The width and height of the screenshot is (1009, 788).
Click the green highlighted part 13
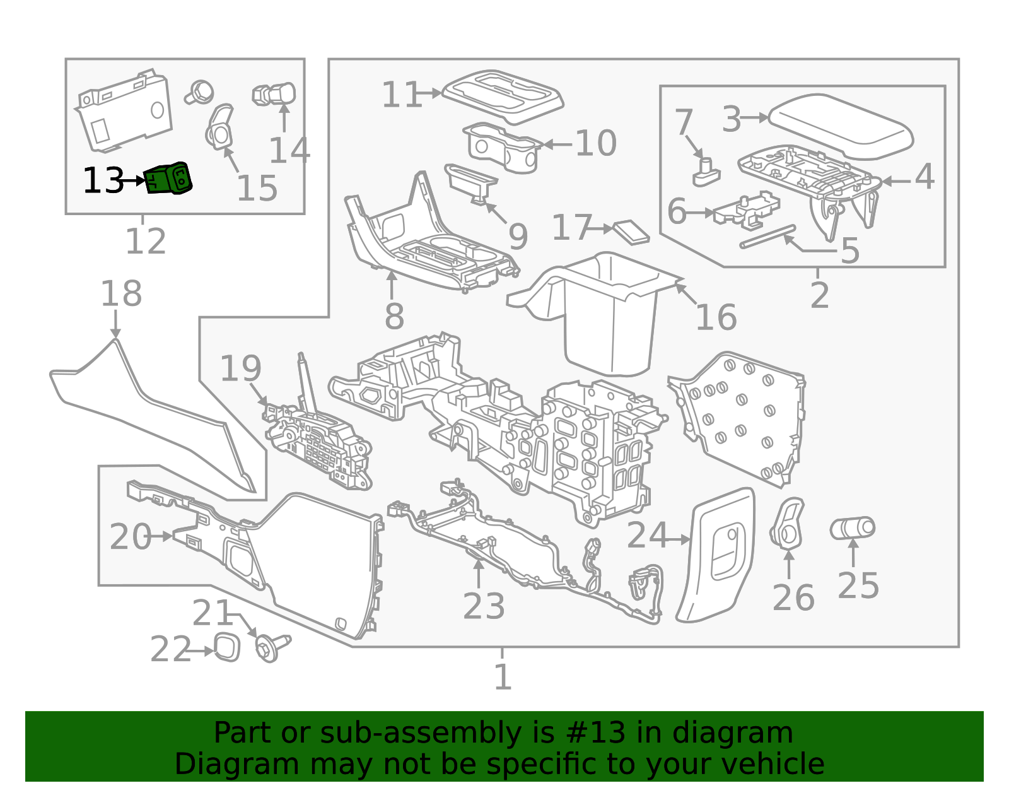[168, 178]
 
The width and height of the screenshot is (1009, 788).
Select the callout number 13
[103, 180]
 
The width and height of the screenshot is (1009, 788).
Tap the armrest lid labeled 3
[841, 126]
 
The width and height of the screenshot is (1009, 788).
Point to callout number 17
[572, 228]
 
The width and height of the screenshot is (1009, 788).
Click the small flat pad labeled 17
[631, 232]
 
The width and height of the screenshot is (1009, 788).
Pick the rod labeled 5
[767, 237]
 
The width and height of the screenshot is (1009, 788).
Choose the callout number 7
[684, 122]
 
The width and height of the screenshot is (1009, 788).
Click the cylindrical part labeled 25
[853, 529]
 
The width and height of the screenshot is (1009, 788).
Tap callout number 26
[793, 598]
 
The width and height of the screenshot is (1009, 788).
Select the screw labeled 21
[272, 647]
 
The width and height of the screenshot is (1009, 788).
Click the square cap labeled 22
[227, 648]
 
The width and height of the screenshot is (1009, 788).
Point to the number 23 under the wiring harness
[484, 606]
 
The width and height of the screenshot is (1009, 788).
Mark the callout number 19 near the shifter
[240, 368]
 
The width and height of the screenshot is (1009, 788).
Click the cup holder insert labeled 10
[503, 148]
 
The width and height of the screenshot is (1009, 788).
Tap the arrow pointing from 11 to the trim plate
[429, 93]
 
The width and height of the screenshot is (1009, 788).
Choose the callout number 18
[122, 293]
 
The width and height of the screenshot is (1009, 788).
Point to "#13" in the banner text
[593, 732]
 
